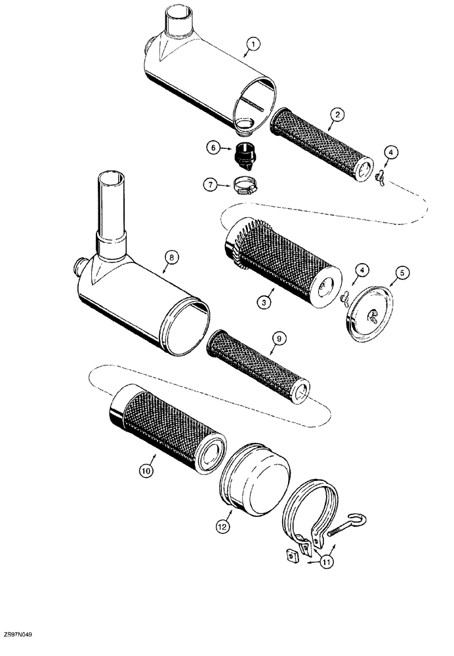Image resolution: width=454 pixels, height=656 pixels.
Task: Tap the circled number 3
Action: coord(264,302)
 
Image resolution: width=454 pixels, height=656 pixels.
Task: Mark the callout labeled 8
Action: coord(169,259)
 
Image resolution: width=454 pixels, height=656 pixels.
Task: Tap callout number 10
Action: coord(145,470)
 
